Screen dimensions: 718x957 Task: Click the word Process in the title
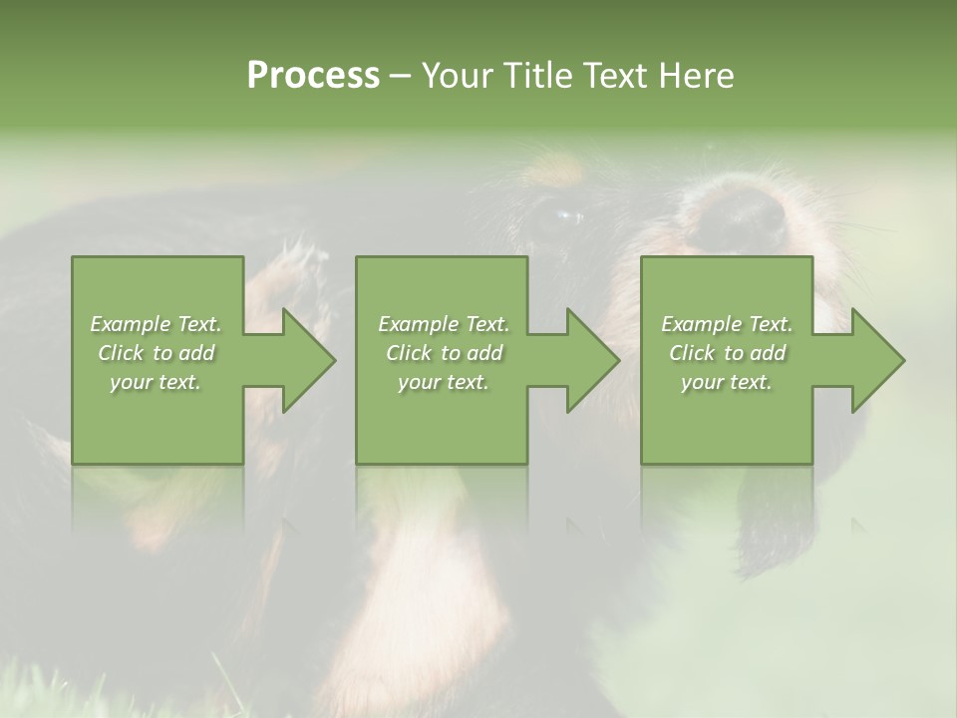pos(313,76)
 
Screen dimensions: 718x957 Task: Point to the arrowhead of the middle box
pos(592,360)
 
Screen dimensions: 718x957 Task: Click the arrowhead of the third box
pos(876,360)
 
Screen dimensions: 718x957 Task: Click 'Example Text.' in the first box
pos(156,324)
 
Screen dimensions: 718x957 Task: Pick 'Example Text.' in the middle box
pos(444,324)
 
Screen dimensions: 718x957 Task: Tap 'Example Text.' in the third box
pos(727,324)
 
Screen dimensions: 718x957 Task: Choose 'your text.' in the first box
pos(156,382)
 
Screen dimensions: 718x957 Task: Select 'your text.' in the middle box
pos(444,382)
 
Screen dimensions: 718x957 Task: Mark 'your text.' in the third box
pos(727,382)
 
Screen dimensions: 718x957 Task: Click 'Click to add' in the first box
pos(156,353)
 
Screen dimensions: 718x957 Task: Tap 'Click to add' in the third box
pos(727,353)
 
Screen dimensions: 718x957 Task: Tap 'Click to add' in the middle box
pos(444,353)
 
